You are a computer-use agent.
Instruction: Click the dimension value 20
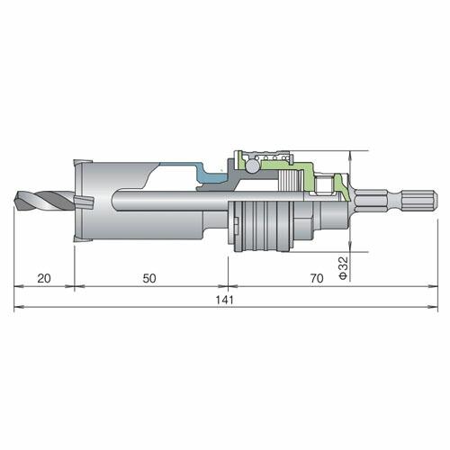(x=44, y=278)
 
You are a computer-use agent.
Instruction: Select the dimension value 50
(x=149, y=278)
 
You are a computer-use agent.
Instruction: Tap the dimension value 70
(x=317, y=278)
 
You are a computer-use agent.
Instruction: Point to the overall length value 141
(x=225, y=300)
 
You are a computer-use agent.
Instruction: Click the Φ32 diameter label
(x=343, y=267)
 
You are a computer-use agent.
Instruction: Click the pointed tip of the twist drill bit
(x=15, y=201)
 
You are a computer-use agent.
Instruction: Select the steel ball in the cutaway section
(x=252, y=166)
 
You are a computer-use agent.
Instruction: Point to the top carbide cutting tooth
(x=78, y=165)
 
